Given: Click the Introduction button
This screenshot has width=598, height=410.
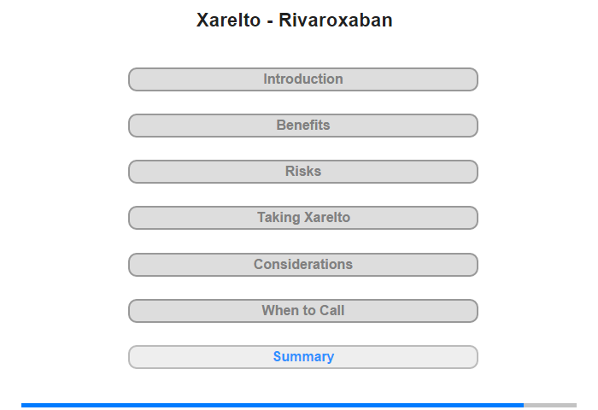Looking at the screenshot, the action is (302, 79).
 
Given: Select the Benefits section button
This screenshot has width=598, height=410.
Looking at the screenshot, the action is (302, 126).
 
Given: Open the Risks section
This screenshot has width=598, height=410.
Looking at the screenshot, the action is (302, 172).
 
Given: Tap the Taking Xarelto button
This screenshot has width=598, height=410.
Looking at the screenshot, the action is (302, 218).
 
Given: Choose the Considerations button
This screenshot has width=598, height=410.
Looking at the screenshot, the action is (302, 265).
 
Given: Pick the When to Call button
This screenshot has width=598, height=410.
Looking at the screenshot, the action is (302, 311).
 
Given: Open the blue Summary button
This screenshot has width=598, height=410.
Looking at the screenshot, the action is (302, 357).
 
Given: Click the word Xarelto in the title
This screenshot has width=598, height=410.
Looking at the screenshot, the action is (228, 20).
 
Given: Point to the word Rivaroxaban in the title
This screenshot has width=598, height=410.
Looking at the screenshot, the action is (336, 20).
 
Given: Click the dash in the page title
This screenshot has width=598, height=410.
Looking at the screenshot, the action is (270, 22).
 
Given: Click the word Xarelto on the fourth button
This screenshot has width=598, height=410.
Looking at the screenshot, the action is (327, 218).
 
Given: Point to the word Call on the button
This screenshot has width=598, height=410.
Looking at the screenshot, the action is (331, 310).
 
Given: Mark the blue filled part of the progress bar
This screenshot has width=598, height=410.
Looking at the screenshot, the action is (273, 405).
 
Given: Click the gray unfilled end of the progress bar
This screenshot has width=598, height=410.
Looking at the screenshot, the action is (550, 405).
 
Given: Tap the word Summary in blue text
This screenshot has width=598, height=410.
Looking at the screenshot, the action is (303, 357).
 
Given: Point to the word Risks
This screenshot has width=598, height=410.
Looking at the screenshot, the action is (303, 171).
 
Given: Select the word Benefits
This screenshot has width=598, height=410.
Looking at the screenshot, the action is (303, 125).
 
